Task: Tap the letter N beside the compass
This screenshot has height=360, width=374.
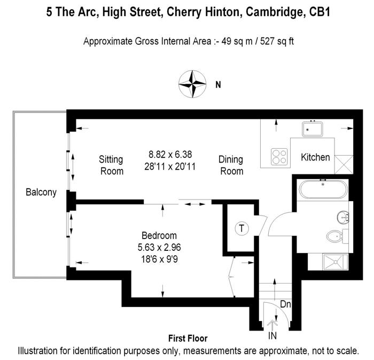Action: pos(217,85)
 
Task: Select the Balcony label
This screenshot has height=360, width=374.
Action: pos(41,193)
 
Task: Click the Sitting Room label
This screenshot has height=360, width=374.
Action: pos(111,165)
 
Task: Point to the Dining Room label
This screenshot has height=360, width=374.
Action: pos(231,165)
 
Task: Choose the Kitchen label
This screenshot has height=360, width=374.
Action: pos(315,158)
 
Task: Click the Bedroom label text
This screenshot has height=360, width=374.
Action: pos(159,235)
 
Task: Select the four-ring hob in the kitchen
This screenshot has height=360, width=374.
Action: pos(278,157)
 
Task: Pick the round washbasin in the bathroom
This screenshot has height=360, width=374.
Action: pos(343,217)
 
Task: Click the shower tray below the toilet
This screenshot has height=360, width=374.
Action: pos(335,262)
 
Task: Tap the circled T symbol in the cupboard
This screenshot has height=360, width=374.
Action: pos(241,229)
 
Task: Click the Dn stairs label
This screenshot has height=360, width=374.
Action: pos(285,304)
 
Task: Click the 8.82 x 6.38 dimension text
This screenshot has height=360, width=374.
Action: pos(170,154)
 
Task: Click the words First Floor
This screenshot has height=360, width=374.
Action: pos(188,339)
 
